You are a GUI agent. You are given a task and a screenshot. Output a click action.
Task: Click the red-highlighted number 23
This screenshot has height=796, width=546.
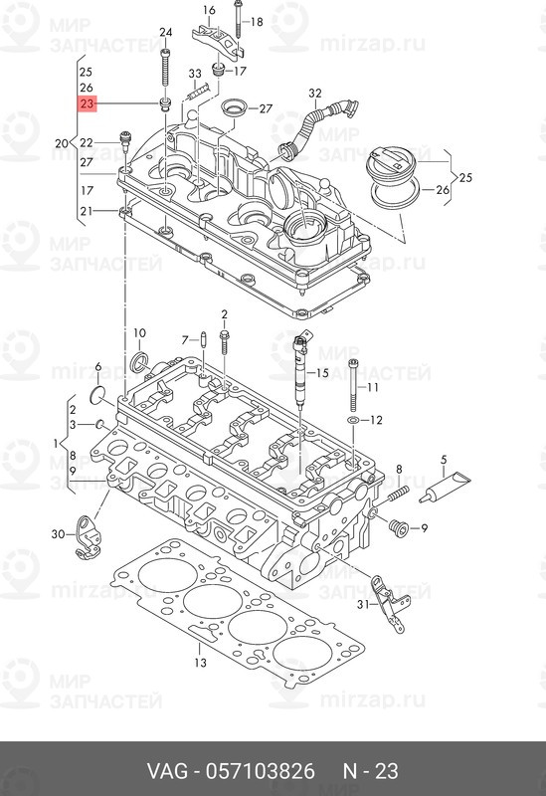tap(87, 103)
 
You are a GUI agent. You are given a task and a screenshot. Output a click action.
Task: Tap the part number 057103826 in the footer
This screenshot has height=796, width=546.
tap(260, 771)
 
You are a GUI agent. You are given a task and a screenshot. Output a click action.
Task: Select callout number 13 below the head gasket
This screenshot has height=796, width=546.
tap(201, 663)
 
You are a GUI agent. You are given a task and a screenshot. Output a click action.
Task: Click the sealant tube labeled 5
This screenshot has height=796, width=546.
tap(445, 487)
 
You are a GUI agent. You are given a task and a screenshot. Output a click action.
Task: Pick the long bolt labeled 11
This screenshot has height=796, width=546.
tap(355, 384)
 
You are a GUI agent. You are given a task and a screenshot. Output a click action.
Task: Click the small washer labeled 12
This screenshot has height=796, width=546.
tap(353, 420)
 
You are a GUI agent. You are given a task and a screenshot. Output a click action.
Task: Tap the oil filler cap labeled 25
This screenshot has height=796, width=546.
tap(391, 162)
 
